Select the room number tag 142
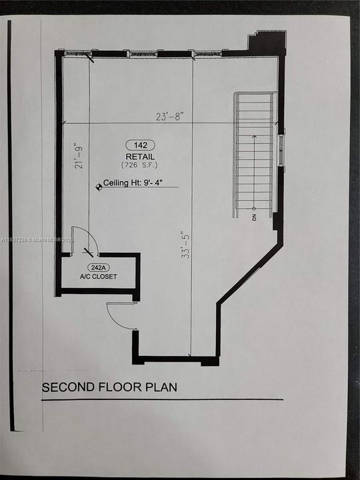point(140,145)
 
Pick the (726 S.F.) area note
point(140,164)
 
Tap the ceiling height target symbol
point(98,187)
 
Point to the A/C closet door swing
point(85,240)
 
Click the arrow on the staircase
point(254,170)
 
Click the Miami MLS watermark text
point(41,239)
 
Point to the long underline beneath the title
point(162,400)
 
